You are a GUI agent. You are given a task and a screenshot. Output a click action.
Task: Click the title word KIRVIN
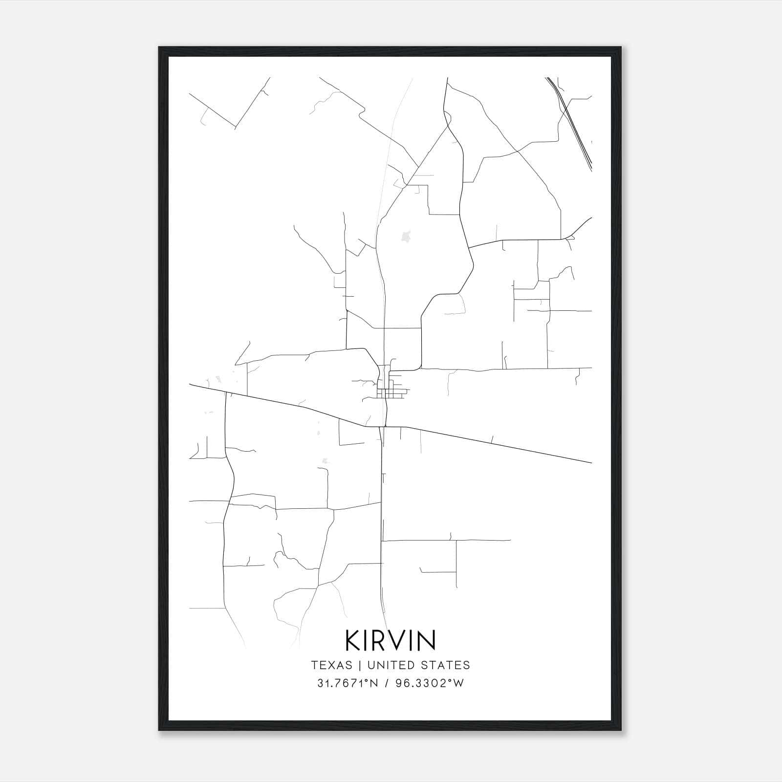pos(391,640)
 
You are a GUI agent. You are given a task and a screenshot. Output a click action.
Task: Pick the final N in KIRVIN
pos(426,640)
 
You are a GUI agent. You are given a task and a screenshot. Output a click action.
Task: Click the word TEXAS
pos(331,665)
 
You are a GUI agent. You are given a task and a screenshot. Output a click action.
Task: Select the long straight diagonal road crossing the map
pos(489,442)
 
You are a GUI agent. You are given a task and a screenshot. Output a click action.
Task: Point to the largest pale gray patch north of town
pos(405,237)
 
